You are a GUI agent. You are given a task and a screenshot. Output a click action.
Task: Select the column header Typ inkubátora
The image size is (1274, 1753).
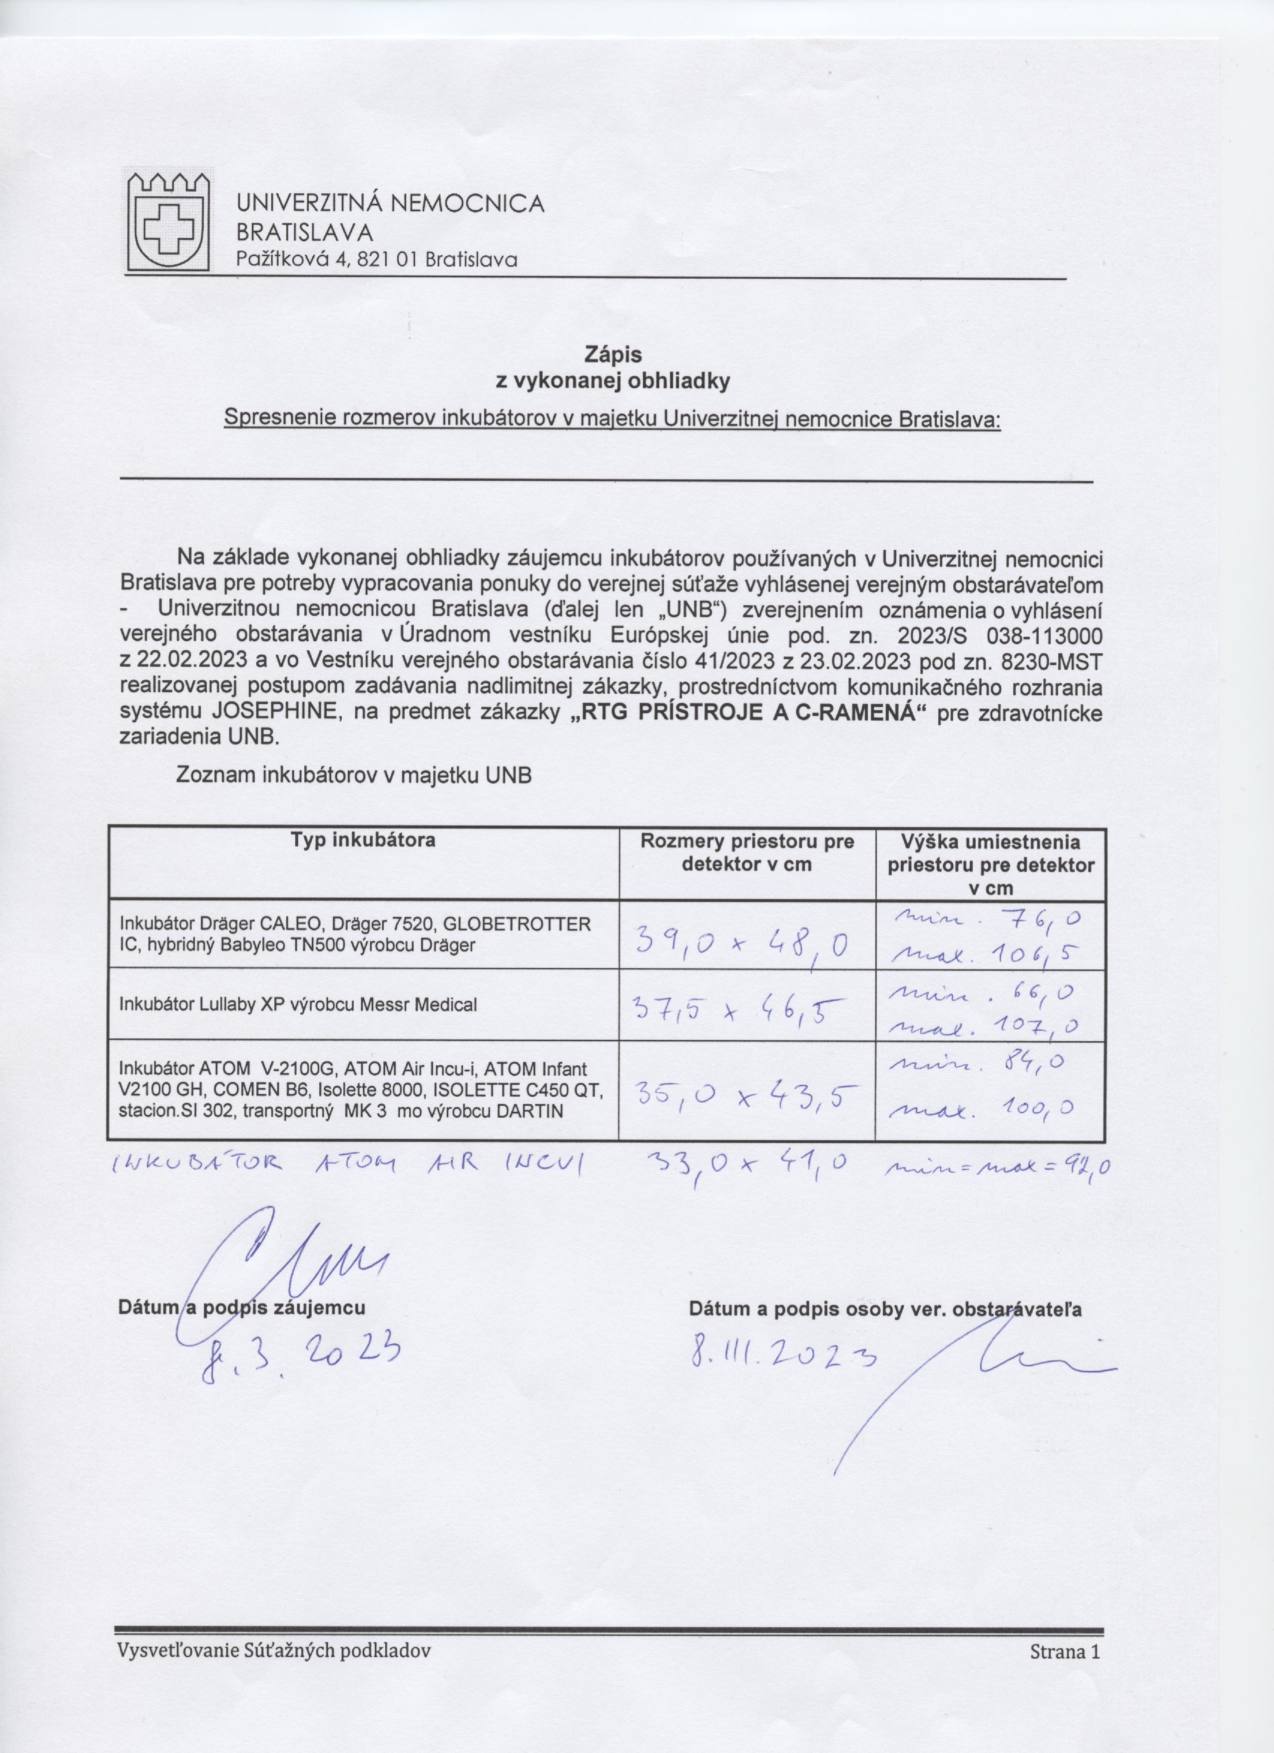pyautogui.click(x=363, y=840)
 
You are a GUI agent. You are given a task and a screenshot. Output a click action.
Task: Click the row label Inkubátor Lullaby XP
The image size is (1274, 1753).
pyautogui.click(x=298, y=1005)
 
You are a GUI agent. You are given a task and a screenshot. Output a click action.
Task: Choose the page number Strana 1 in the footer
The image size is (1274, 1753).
pyautogui.click(x=1064, y=1674)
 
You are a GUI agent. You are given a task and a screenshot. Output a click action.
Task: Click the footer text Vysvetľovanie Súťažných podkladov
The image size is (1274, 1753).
pyautogui.click(x=274, y=1674)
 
